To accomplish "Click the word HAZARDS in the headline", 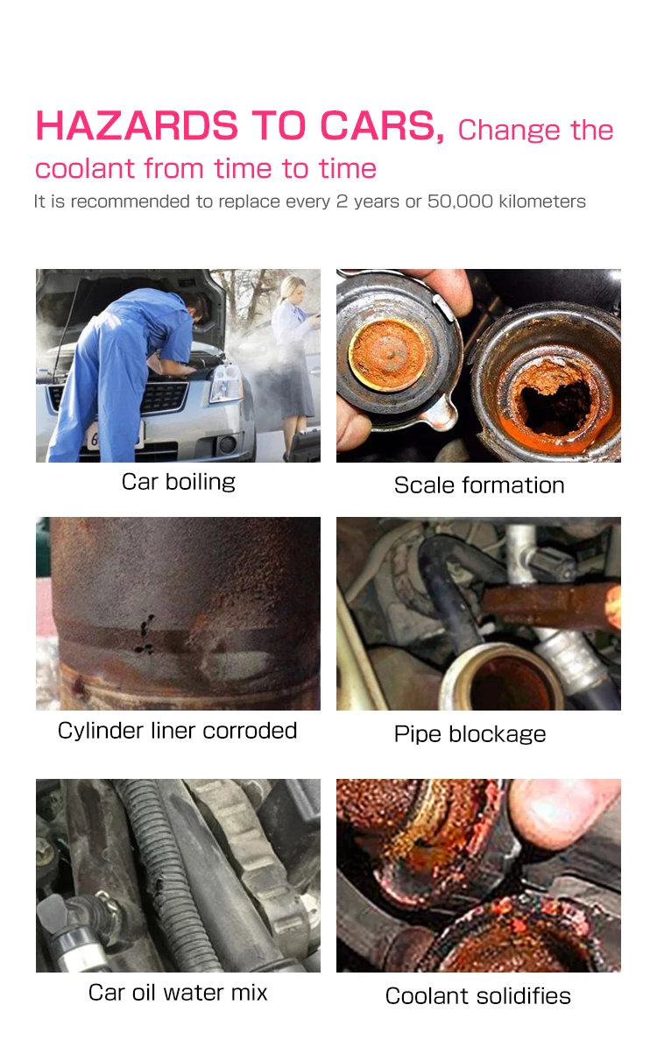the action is (x=137, y=126).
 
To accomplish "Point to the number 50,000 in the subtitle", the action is (x=460, y=202).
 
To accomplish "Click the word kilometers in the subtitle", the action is (x=542, y=202).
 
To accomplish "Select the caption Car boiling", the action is (x=179, y=482).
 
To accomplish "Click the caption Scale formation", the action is (x=478, y=485).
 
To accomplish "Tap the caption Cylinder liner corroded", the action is (x=177, y=731).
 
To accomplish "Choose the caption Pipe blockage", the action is (x=470, y=734).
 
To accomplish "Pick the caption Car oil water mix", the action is (x=178, y=993).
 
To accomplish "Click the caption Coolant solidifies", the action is (x=478, y=996).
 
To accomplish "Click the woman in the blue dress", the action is (x=293, y=361).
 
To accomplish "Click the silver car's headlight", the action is (x=225, y=383).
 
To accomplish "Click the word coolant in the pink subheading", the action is (x=85, y=169).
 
